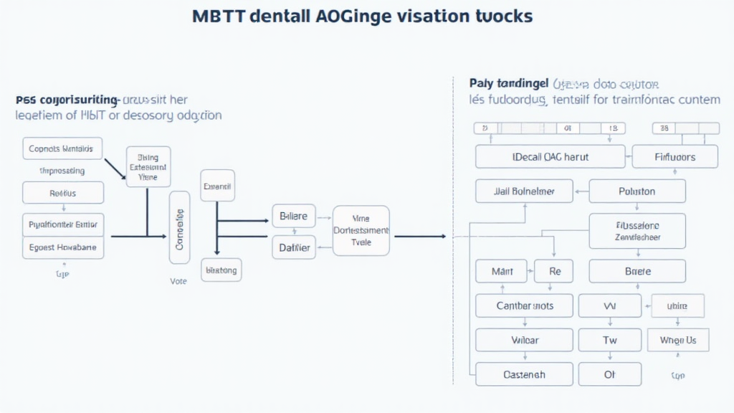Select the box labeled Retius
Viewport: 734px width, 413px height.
click(63, 193)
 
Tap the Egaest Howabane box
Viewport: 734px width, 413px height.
click(63, 247)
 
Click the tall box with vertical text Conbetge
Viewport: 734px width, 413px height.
click(179, 227)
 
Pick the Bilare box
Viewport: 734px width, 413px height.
click(293, 215)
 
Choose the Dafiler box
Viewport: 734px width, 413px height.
click(293, 248)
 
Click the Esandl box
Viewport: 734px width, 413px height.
click(217, 186)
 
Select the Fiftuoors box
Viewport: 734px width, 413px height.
click(675, 156)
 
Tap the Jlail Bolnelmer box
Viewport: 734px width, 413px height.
click(525, 191)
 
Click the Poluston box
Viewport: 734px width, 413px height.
click(637, 191)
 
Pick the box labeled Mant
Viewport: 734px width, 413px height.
click(501, 271)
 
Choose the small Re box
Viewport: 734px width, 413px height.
click(555, 271)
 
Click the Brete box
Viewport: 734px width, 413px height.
click(637, 271)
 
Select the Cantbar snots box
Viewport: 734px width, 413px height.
click(525, 306)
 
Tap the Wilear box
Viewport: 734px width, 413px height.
click(525, 340)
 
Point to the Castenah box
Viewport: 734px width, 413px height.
click(525, 374)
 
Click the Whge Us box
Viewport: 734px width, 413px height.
click(677, 340)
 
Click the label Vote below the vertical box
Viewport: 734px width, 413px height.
click(178, 281)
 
